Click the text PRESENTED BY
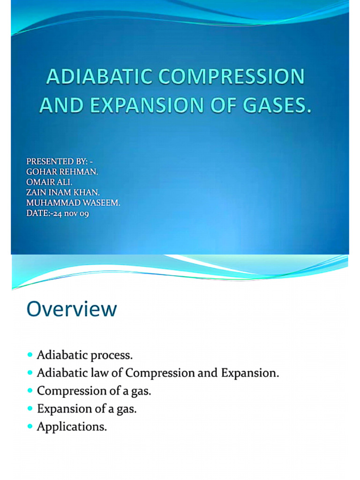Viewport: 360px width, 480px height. click(56, 162)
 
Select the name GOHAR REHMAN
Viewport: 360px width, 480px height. click(62, 172)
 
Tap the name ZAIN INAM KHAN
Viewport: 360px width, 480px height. click(63, 193)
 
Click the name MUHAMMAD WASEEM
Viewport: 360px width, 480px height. click(73, 203)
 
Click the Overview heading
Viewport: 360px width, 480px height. click(72, 309)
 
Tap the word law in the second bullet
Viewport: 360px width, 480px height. click(113, 373)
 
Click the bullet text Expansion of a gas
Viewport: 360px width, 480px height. click(87, 409)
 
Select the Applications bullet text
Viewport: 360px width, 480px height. click(72, 427)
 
